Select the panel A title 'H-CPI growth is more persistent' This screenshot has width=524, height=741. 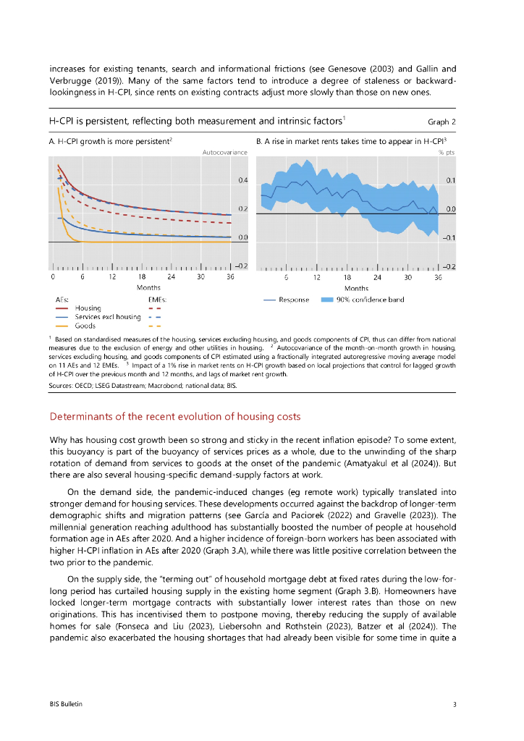[x=109, y=140]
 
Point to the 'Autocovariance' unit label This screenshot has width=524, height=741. [x=224, y=152]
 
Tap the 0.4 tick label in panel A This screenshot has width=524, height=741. [x=243, y=179]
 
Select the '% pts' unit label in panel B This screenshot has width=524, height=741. [x=447, y=152]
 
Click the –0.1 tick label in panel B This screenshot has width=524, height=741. [x=449, y=237]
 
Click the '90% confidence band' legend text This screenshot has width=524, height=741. [x=371, y=299]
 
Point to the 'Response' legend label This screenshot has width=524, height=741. [x=294, y=299]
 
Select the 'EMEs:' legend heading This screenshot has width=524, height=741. [x=157, y=299]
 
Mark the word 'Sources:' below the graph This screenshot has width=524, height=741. [x=62, y=386]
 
